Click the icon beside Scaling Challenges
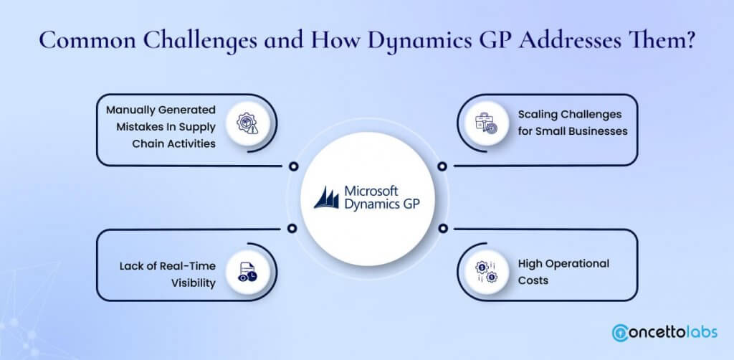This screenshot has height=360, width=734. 487,124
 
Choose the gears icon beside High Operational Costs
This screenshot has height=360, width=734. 487,271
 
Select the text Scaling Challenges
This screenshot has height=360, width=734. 569,114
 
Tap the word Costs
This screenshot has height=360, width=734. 533,280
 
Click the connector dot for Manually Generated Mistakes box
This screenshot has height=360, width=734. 292,166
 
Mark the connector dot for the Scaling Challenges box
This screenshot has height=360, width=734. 442,166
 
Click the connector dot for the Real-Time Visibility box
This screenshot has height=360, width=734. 292,229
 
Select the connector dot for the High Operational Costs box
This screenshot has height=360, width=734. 442,229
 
